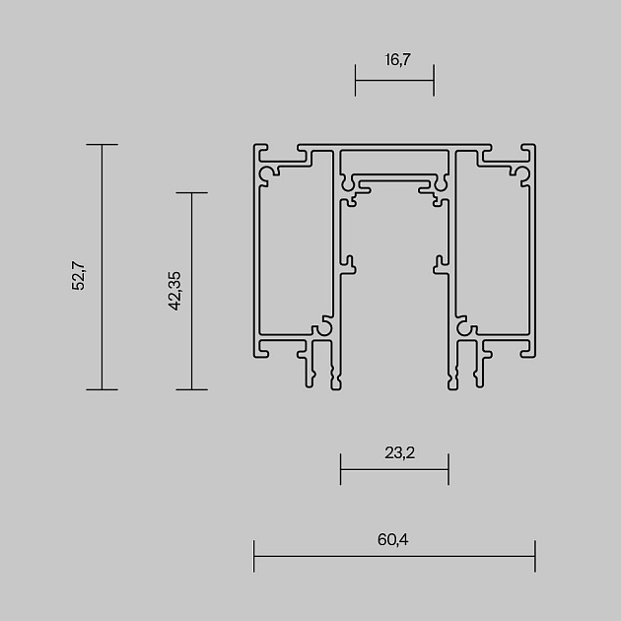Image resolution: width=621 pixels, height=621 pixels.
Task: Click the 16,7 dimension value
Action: (394, 60)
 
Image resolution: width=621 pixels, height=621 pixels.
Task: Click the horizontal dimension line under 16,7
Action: (394, 81)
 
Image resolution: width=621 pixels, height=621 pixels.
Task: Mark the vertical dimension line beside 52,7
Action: (102, 266)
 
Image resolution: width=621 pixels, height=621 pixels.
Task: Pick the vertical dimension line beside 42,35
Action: (191, 291)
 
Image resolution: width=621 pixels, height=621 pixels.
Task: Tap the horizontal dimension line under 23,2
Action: (394, 469)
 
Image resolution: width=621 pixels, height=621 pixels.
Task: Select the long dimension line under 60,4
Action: (394, 556)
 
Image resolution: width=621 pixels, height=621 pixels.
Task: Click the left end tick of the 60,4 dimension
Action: (254, 556)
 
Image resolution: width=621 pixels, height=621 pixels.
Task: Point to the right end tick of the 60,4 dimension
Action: (534, 556)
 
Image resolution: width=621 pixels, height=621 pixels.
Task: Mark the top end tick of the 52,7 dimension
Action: (102, 145)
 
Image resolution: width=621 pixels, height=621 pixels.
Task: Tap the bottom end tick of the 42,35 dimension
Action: (191, 389)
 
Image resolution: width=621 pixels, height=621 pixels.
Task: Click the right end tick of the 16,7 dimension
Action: (434, 81)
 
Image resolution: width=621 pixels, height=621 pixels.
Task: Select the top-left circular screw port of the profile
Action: (267, 174)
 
